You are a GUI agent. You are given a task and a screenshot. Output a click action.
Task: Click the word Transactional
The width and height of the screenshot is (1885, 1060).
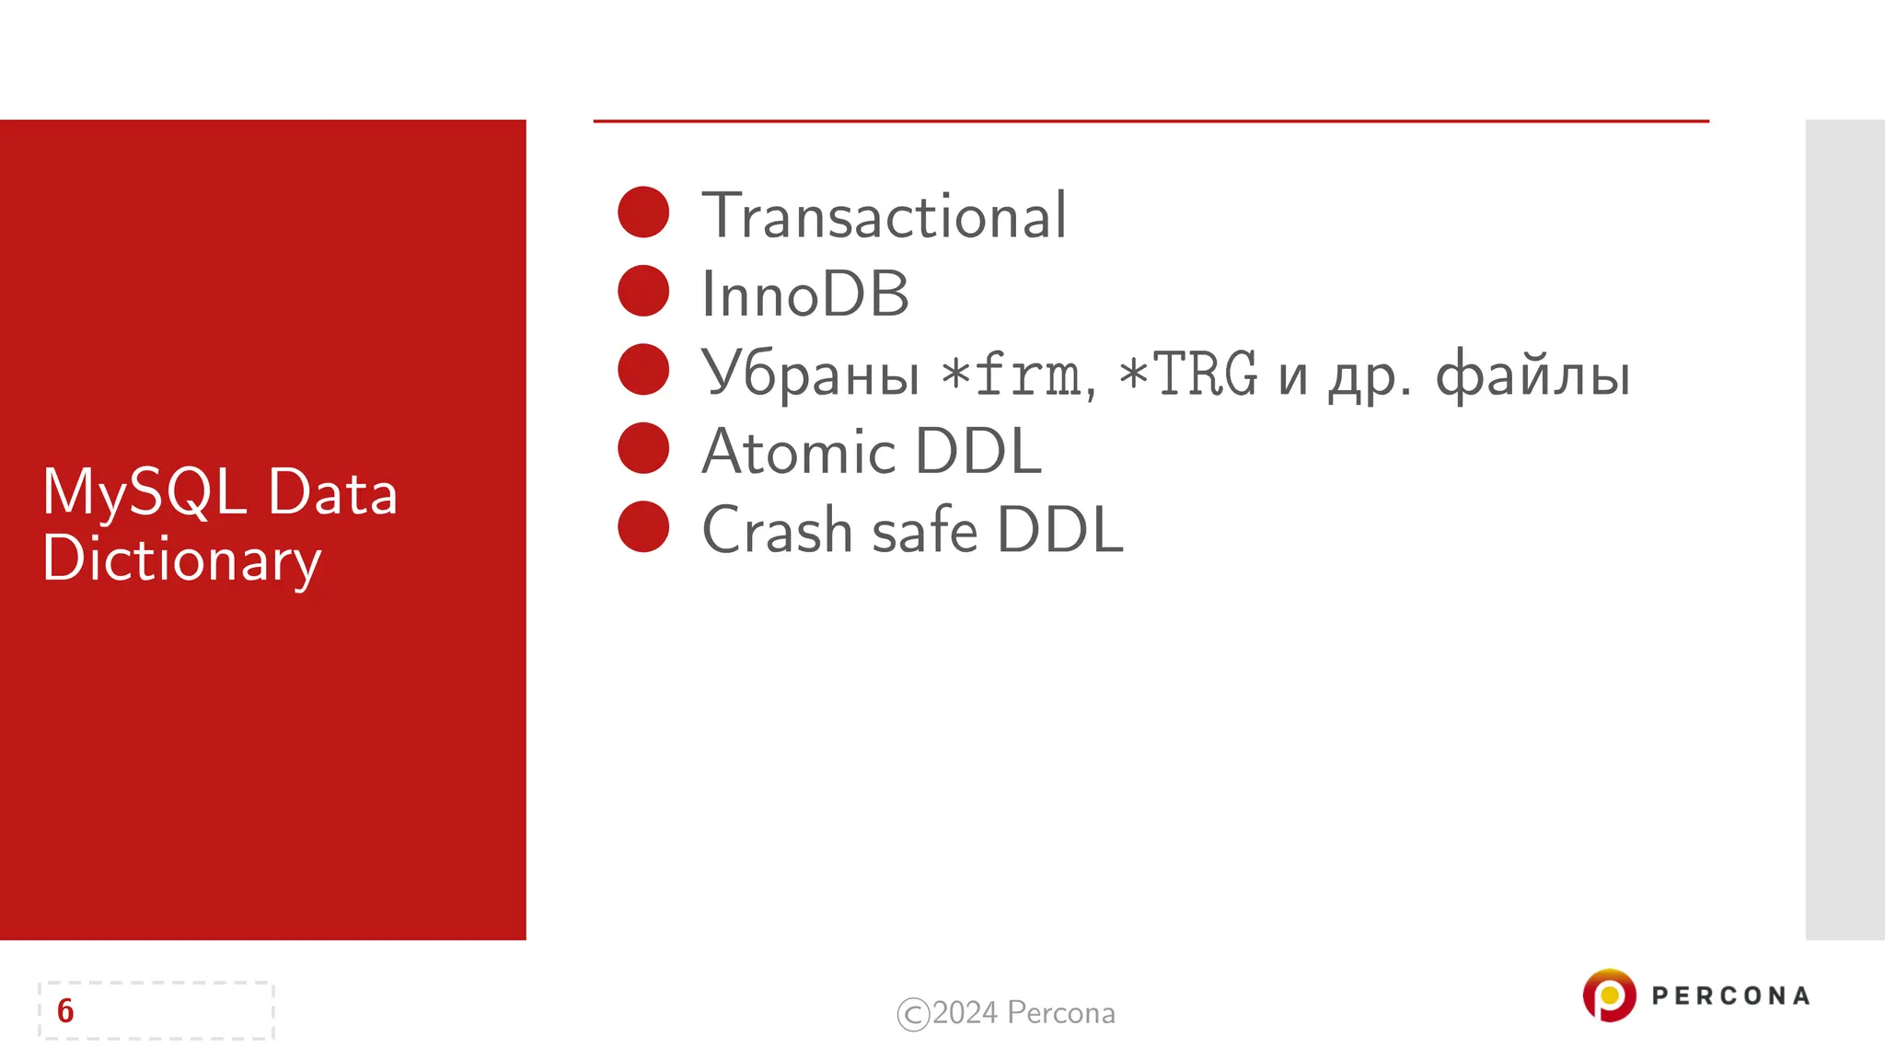[884, 216]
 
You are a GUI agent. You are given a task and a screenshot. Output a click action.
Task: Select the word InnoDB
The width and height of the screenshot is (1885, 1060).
[805, 295]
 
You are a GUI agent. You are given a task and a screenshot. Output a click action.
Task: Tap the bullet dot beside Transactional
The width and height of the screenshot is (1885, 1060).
[643, 213]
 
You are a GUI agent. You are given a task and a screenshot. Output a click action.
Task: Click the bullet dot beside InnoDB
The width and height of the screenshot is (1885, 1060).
[643, 291]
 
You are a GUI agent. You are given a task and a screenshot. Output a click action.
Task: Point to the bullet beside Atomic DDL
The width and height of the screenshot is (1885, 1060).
[643, 448]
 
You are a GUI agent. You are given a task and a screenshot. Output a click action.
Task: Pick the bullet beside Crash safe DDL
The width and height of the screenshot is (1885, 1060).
[643, 526]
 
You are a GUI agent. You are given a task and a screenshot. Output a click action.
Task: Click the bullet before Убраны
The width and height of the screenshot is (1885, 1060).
[643, 370]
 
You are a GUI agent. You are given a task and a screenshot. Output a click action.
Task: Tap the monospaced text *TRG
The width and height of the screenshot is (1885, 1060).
[1187, 374]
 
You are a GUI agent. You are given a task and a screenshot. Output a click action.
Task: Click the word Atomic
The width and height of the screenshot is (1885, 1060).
[798, 452]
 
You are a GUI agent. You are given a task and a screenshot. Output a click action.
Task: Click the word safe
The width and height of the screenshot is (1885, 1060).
[924, 531]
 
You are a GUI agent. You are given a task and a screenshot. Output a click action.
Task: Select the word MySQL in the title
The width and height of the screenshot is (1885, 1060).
[145, 493]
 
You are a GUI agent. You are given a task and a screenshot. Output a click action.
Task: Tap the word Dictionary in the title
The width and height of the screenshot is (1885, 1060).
[181, 559]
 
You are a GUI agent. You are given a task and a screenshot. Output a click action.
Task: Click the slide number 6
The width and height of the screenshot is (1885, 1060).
[65, 1011]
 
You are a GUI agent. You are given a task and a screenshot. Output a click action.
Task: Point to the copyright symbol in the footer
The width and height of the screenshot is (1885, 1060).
[913, 1014]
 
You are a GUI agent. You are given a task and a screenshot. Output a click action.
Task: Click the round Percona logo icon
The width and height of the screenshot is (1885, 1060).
[1609, 995]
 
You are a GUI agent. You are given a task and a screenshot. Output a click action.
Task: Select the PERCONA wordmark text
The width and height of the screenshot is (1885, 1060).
[1730, 996]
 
